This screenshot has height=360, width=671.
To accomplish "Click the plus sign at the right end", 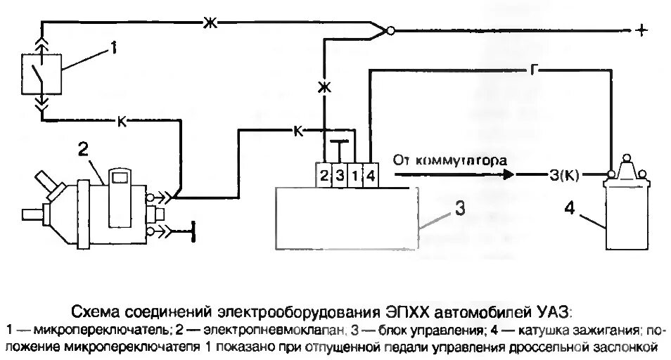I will click(641, 31).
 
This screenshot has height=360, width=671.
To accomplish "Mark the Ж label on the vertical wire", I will click(324, 86).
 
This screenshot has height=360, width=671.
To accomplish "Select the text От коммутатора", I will click(450, 160).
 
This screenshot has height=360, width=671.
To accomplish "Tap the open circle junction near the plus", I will click(391, 31).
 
